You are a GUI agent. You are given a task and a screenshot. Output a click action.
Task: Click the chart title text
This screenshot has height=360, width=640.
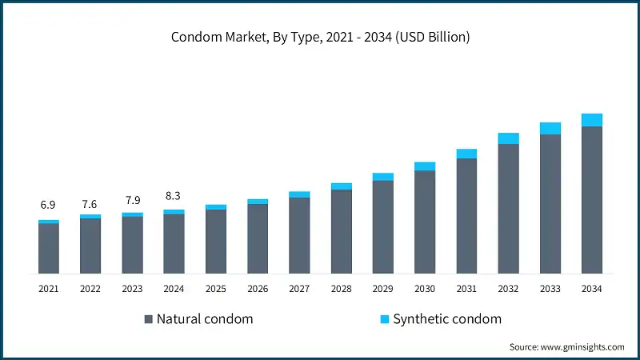[320, 37]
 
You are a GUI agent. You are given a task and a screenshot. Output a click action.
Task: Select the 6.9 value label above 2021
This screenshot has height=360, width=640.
[49, 206]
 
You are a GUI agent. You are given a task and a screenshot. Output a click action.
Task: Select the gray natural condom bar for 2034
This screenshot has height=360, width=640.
[592, 200]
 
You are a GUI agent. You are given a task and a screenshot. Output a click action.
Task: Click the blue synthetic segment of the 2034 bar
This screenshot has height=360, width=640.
[592, 120]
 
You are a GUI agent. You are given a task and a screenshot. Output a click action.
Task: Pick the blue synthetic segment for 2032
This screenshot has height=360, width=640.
[509, 138]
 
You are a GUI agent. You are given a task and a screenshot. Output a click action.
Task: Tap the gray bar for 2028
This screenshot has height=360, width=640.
[342, 231]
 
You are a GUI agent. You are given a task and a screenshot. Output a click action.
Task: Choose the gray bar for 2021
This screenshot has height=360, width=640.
[49, 248]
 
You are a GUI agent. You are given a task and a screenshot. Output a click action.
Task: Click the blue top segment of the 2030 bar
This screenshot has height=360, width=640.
[425, 166]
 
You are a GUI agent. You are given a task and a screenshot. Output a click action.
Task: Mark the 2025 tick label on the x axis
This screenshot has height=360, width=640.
[215, 288]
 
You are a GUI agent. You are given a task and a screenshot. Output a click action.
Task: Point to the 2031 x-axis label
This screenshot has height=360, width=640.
[466, 288]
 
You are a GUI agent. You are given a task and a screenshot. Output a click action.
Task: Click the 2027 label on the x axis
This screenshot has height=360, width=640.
[299, 288]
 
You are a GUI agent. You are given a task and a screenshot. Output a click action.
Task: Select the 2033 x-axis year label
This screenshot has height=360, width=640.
[550, 288]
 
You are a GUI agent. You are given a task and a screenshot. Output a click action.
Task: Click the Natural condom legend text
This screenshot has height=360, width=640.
[205, 319]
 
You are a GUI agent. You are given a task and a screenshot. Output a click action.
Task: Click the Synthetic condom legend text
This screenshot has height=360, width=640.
[447, 319]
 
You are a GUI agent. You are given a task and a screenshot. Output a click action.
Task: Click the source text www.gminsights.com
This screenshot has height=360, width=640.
[566, 346]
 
